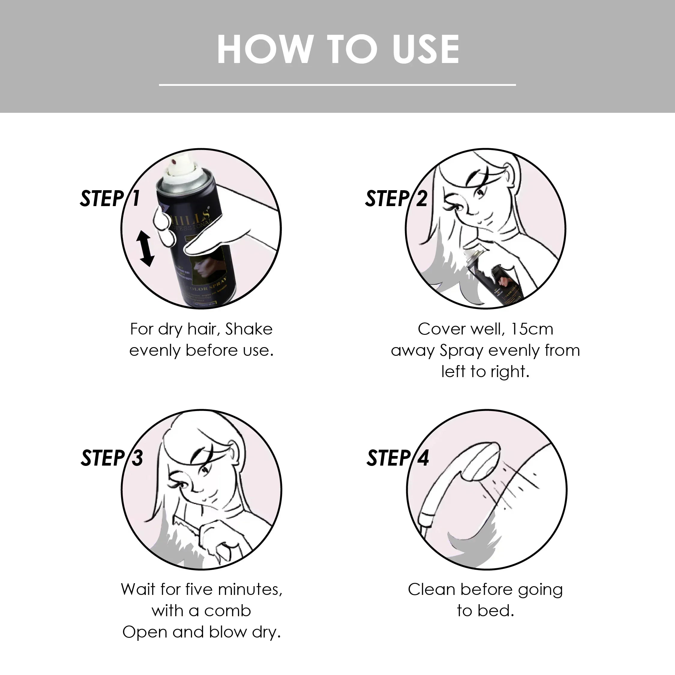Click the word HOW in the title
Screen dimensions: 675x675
pos(265,49)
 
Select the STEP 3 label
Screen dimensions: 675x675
pos(112,458)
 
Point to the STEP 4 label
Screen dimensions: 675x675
pos(397,458)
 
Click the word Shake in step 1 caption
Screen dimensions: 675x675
pos(249,329)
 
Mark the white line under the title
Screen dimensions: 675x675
pos(337,85)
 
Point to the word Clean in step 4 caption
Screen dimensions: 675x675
pos(431,590)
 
